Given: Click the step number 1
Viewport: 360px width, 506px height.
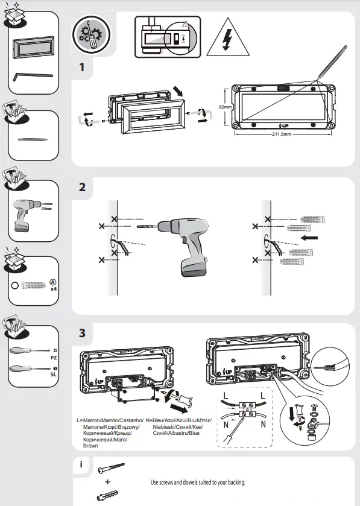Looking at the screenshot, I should point(81,67).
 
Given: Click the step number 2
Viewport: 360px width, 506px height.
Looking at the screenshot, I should point(82,186).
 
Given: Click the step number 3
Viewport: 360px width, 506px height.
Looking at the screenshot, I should point(82,332).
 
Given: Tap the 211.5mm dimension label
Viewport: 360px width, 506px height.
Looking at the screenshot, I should point(280,134).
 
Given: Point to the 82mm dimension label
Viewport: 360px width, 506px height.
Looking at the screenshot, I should point(225,106).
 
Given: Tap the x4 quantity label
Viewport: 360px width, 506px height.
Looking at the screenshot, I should point(54,289).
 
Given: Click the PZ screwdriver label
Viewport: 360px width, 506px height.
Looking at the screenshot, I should point(54,357).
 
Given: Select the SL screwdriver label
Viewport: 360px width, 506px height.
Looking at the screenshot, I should point(54,375).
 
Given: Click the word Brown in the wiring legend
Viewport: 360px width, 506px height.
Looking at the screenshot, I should point(90,446).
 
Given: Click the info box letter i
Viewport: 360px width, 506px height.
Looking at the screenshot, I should point(80,466).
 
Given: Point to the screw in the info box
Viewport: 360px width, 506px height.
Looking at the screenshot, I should point(110,468).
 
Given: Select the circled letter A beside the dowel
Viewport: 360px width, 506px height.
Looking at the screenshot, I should point(53,281).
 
